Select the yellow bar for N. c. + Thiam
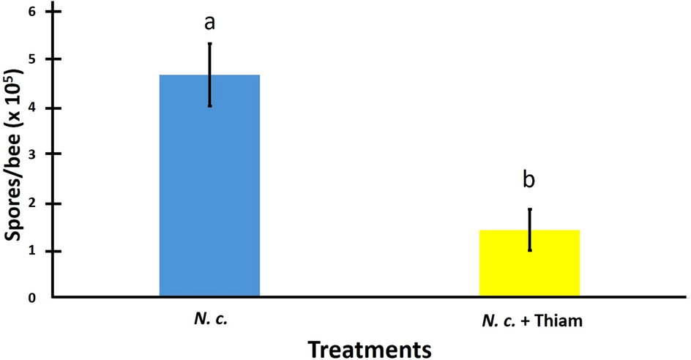[x=529, y=264]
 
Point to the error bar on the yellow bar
[x=529, y=230]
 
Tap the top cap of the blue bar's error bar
[x=209, y=43]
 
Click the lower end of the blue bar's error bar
[x=209, y=106]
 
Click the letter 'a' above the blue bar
[x=209, y=22]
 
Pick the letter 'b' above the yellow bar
[x=529, y=179]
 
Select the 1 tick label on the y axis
[x=34, y=251]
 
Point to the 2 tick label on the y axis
[x=34, y=203]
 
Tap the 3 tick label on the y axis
[x=34, y=154]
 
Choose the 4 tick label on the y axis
[x=34, y=108]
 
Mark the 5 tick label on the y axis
[x=34, y=59]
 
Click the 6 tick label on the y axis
[x=34, y=13]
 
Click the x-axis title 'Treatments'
[x=369, y=348]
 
